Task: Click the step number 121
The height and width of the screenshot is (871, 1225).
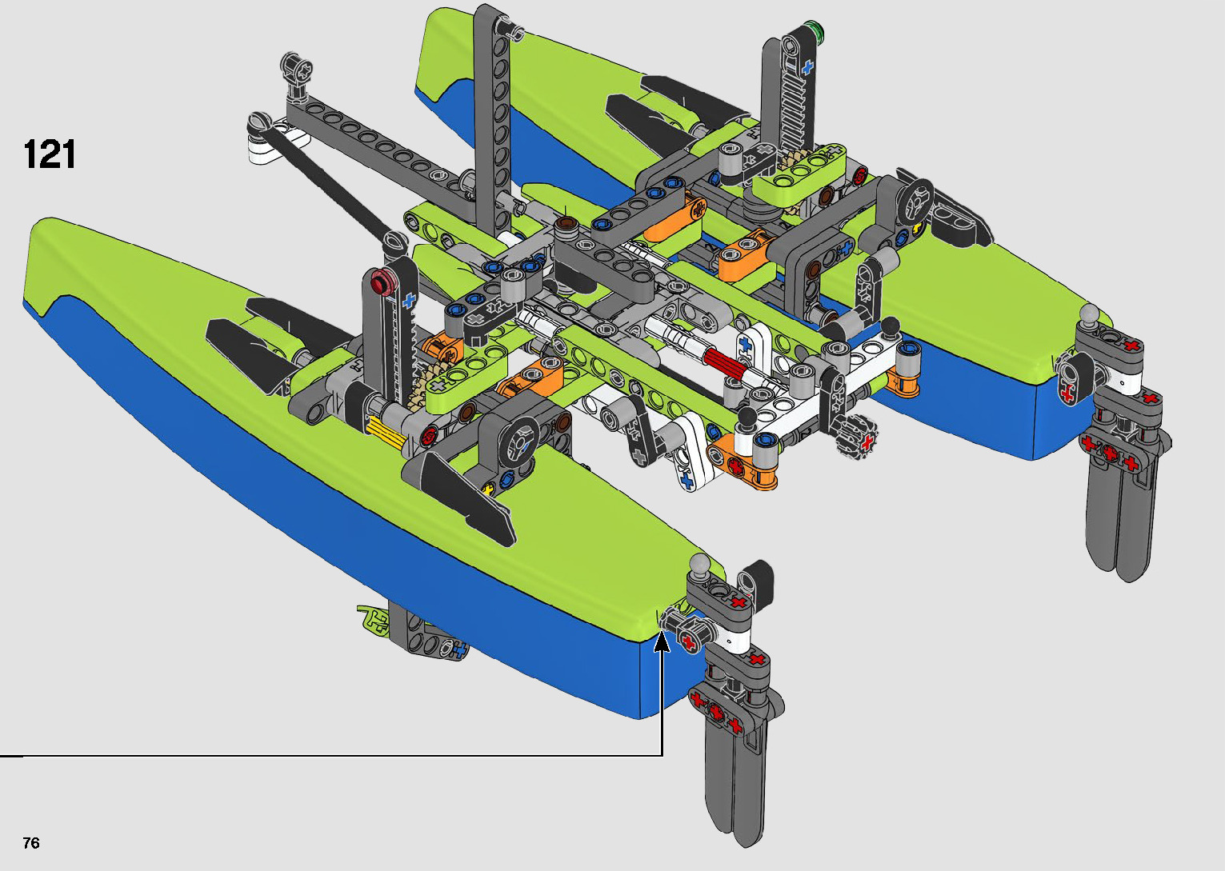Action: [x=50, y=154]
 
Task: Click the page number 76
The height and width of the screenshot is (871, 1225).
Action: [x=31, y=842]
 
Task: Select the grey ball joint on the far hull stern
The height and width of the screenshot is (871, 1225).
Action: [x=1088, y=316]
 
